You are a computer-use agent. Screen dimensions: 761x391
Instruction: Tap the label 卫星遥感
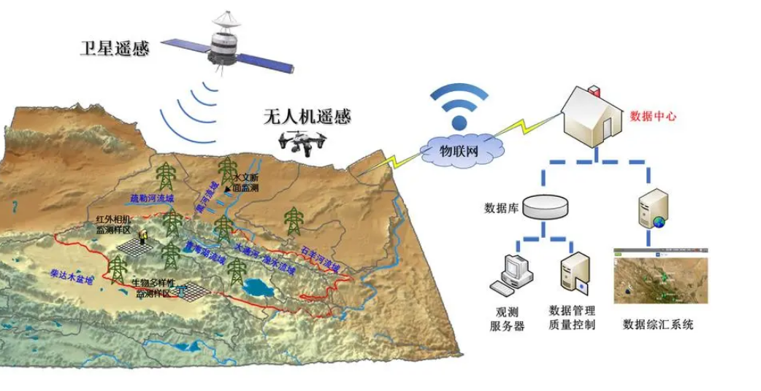pyautogui.click(x=114, y=50)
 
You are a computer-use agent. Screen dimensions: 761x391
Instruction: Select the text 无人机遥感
pyautogui.click(x=307, y=116)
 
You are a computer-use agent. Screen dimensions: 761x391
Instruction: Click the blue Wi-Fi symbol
pyautogui.click(x=459, y=106)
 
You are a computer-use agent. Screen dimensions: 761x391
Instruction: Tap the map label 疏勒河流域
pyautogui.click(x=152, y=198)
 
